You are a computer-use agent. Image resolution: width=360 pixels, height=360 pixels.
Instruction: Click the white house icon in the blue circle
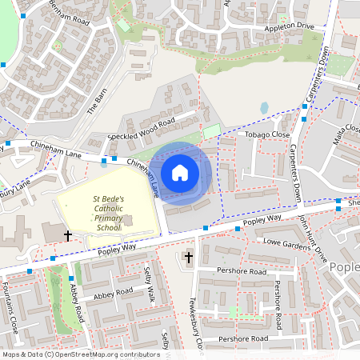180,172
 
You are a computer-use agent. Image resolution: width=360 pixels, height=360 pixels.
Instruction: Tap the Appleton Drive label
283,26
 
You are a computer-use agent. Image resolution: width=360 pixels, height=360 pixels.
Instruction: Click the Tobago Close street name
268,135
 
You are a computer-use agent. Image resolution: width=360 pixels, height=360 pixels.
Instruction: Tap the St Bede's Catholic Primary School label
107,212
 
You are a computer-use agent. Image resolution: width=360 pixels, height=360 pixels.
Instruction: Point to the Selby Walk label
148,288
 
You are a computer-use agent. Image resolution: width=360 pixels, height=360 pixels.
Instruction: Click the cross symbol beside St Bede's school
68,236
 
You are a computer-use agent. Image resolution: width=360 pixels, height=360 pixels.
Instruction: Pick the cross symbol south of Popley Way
189,257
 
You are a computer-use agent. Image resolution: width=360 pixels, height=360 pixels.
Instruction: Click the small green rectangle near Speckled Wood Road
211,130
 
